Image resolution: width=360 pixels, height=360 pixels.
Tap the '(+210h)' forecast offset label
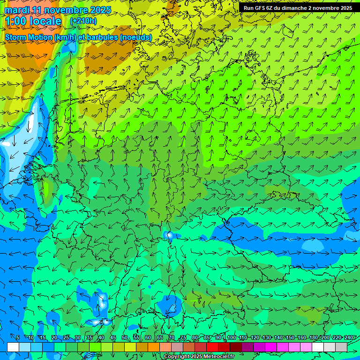pos(83,21)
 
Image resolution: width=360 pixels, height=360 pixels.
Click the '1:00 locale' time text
pos(33,22)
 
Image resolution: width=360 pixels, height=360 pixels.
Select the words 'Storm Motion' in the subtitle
pos(29,37)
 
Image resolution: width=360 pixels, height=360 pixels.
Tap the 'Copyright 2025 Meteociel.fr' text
pos(199,357)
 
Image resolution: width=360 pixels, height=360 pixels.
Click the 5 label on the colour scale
pos(17,338)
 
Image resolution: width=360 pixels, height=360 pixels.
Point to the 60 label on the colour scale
pos(148,338)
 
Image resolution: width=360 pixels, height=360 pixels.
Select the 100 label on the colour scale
pos(232,338)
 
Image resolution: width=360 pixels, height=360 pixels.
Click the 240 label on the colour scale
pos(348,338)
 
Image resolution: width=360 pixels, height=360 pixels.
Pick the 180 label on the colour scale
pos(313,338)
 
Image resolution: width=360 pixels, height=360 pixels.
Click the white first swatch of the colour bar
pos(13,347)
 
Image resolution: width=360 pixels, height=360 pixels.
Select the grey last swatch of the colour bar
pos(341,347)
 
